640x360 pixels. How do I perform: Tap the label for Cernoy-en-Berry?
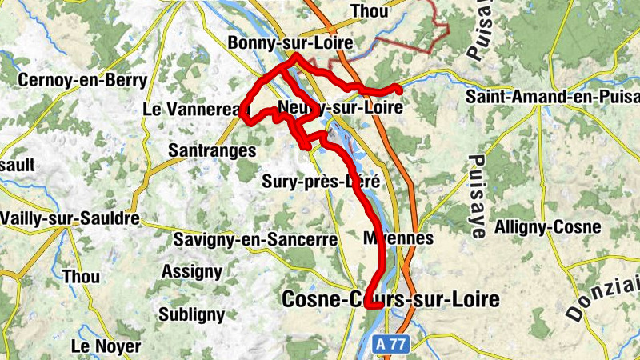pyautogui.click(x=82, y=80)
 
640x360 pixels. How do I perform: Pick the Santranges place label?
pyautogui.click(x=212, y=150)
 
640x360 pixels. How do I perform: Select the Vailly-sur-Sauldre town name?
pyautogui.click(x=70, y=218)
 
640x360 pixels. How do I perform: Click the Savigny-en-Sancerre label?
pyautogui.click(x=255, y=239)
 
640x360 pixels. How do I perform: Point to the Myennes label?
pyautogui.click(x=398, y=238)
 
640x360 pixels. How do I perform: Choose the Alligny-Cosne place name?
pyautogui.click(x=548, y=227)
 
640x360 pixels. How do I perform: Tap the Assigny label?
pyautogui.click(x=191, y=271)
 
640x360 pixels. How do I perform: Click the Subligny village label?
pyautogui.click(x=191, y=314)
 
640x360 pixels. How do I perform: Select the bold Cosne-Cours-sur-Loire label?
pyautogui.click(x=391, y=300)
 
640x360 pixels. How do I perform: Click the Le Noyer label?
pyautogui.click(x=106, y=346)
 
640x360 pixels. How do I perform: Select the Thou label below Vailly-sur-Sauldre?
pyautogui.click(x=82, y=276)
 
